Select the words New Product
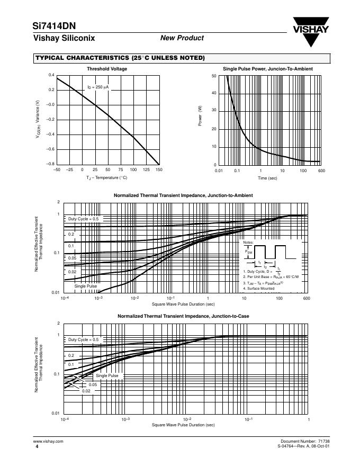(x=182, y=38)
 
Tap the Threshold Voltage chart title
(x=107, y=69)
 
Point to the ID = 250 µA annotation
(x=98, y=86)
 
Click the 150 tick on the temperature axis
(x=159, y=170)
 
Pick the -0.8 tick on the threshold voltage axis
(x=51, y=164)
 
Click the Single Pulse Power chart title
(x=268, y=69)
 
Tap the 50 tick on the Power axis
(x=213, y=76)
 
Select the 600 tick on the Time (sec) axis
(x=321, y=171)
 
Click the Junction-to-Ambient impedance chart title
(x=183, y=195)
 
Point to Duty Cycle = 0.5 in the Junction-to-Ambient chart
(x=84, y=219)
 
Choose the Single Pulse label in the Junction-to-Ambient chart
(x=85, y=286)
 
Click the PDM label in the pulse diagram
(x=249, y=252)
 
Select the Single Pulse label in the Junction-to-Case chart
(x=107, y=375)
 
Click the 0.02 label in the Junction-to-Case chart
(x=87, y=390)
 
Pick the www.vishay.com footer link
(x=48, y=441)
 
